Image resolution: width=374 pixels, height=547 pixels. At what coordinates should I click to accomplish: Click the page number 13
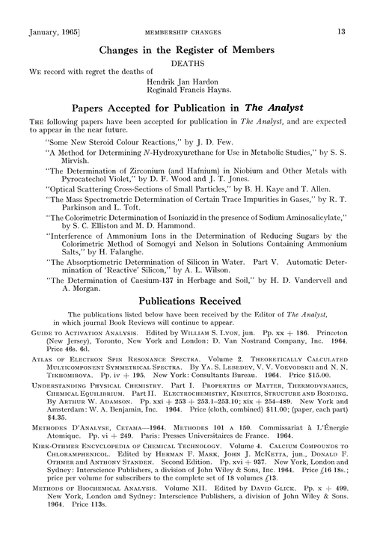tap(340, 31)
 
